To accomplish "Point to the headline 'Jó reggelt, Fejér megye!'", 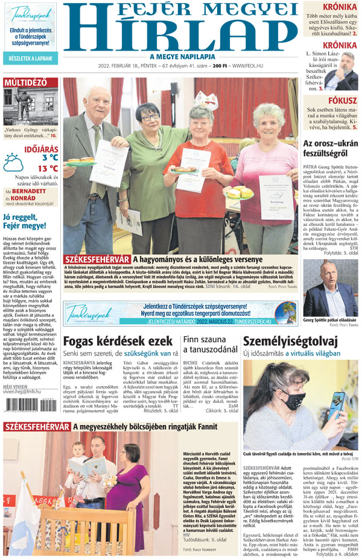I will tap(24, 221).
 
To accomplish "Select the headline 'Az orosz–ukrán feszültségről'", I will tap(329, 148).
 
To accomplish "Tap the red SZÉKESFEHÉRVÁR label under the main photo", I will tap(97, 259).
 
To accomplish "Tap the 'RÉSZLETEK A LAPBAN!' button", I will tap(30, 58).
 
